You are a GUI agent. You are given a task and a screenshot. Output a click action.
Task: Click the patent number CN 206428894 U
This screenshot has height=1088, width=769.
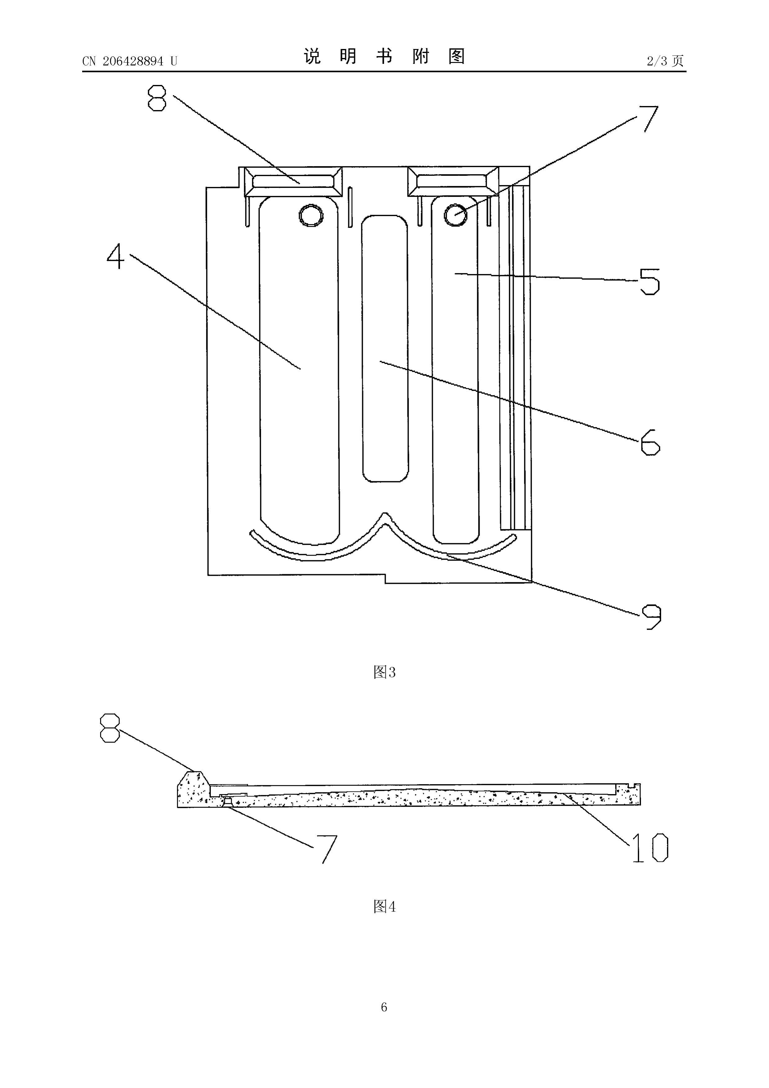point(129,61)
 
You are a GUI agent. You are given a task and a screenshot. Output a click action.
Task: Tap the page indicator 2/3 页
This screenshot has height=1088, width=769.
point(665,61)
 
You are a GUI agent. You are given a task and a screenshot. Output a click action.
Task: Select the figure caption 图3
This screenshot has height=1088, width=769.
point(384,672)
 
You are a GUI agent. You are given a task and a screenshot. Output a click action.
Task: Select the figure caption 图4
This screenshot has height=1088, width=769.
point(384,907)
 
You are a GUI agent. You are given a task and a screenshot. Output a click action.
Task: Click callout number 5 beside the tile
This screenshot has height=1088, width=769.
point(649,282)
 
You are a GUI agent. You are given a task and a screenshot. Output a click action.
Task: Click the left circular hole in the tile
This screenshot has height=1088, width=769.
point(311,215)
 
